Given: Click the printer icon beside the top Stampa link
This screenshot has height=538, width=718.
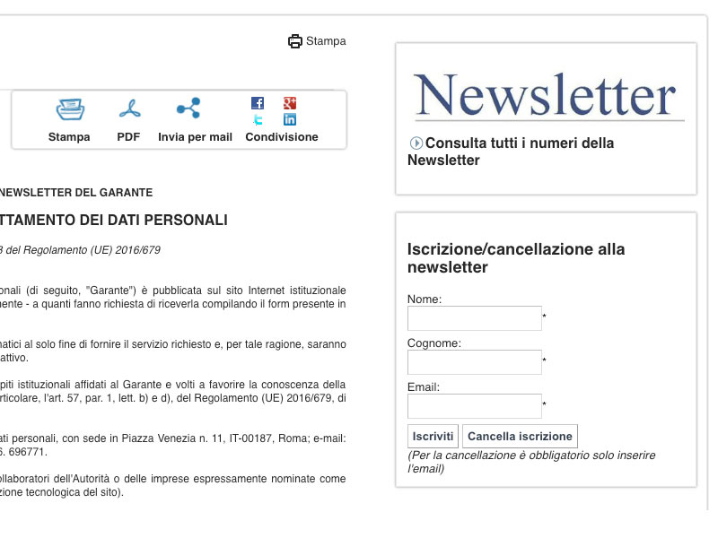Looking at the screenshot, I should click(295, 41).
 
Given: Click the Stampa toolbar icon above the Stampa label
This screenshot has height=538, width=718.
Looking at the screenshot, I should click(70, 109).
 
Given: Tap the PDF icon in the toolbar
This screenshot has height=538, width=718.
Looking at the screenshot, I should click(129, 109).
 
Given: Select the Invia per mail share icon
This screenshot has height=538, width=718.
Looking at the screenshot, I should click(188, 109).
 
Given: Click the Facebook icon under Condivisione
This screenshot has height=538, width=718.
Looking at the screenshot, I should click(258, 103).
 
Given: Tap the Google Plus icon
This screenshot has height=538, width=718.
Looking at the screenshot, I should click(290, 103).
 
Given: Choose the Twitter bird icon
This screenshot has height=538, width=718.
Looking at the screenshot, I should click(258, 119).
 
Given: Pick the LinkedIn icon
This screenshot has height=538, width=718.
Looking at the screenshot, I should click(290, 119).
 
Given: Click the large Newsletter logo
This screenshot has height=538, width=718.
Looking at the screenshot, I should click(546, 96).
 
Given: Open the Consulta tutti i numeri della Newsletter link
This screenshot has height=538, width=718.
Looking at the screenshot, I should click(511, 152).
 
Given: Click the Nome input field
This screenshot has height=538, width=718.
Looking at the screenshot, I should click(475, 318).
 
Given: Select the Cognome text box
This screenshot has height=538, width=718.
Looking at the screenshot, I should click(475, 362).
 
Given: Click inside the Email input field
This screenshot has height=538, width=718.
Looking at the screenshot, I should click(475, 406).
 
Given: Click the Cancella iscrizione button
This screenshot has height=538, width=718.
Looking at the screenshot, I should click(520, 437).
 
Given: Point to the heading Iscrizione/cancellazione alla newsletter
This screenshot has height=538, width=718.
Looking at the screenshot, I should click(516, 258).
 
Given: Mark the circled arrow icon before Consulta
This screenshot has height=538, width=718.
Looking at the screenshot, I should click(416, 143).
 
